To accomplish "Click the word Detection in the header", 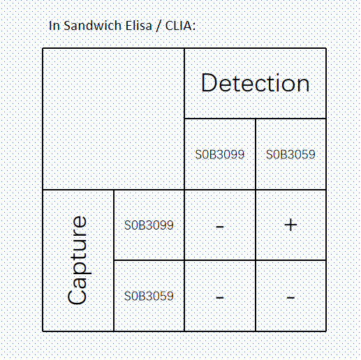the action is [x=256, y=82].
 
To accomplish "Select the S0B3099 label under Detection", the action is [x=220, y=154].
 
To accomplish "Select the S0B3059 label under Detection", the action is [x=290, y=154].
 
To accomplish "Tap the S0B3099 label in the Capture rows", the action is [x=149, y=225].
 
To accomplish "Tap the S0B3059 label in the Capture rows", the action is [x=149, y=296].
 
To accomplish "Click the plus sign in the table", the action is [x=290, y=225].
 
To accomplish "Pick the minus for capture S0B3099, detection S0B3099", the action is [x=220, y=226].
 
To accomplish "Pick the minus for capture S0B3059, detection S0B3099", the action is [x=220, y=297].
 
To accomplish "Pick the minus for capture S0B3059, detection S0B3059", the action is [x=290, y=297].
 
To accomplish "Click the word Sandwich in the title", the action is [x=93, y=25].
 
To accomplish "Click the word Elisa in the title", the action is [x=139, y=25].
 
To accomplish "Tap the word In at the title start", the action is [x=54, y=26].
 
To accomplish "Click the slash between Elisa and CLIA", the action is [x=159, y=26].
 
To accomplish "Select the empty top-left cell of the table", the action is [x=114, y=119].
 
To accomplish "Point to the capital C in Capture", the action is [x=77, y=295].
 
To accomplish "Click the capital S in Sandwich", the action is [x=67, y=26].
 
